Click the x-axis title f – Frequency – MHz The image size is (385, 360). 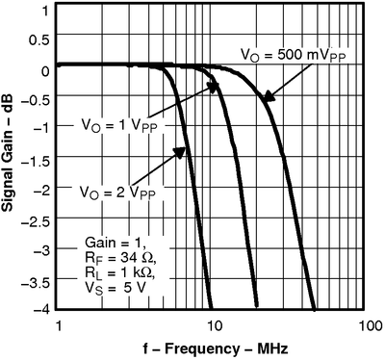(212, 346)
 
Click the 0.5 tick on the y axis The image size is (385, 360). (37, 40)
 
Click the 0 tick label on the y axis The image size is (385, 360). (43, 70)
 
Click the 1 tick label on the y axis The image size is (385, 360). (43, 11)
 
